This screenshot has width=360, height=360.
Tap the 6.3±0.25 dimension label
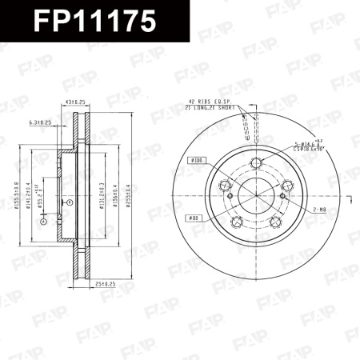39,122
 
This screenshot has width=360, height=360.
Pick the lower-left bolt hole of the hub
237,223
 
